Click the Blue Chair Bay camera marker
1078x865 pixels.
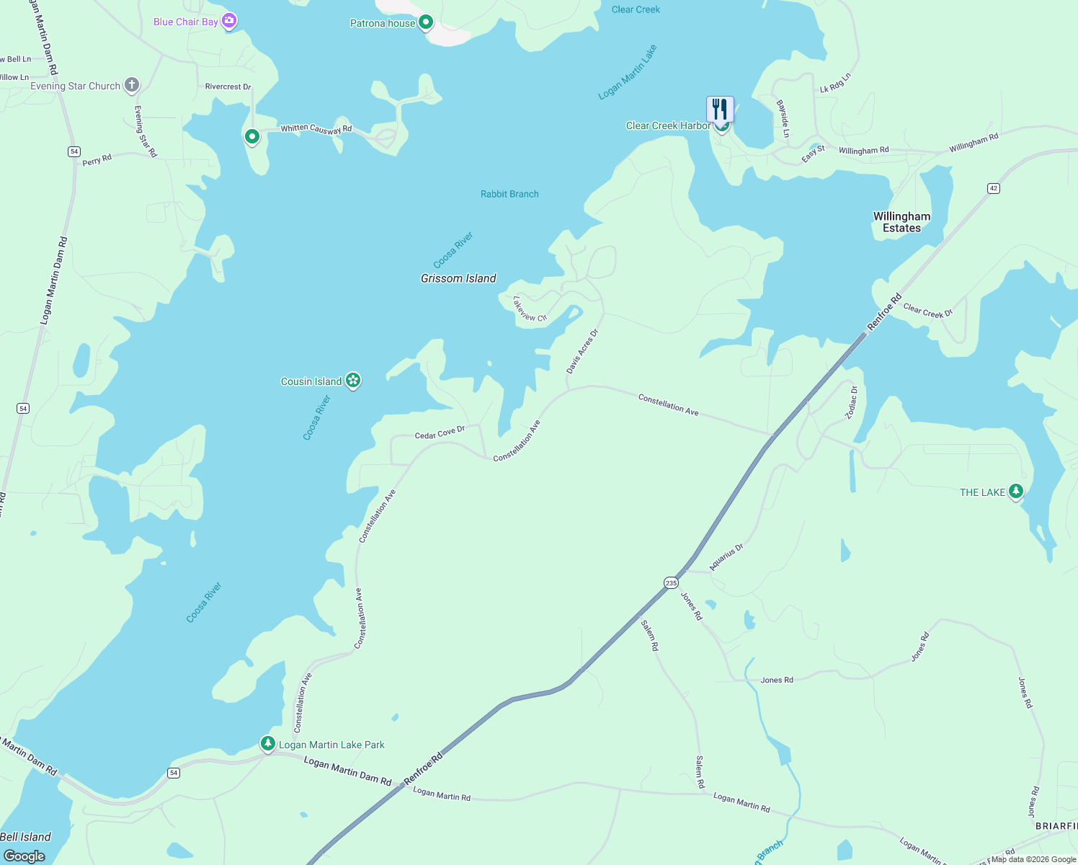229,21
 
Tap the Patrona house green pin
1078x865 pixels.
426,22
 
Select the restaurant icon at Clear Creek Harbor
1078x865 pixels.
720,109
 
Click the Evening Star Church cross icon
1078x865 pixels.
131,85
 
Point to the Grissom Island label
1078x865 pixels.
458,278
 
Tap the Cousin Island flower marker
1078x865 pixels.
352,380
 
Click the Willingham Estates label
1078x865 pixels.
901,222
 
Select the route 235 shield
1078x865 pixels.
671,582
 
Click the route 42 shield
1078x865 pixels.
994,188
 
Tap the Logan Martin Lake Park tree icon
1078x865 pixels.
268,743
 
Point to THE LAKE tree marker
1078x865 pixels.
1015,492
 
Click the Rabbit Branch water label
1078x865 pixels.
509,194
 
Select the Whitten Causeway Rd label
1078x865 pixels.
316,128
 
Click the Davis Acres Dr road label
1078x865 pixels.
582,352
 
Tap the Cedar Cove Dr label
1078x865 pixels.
440,432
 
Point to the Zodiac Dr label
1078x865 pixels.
852,402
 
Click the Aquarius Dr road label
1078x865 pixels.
726,557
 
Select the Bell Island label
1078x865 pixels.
26,837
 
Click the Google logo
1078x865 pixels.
24,856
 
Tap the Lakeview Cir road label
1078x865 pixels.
530,309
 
